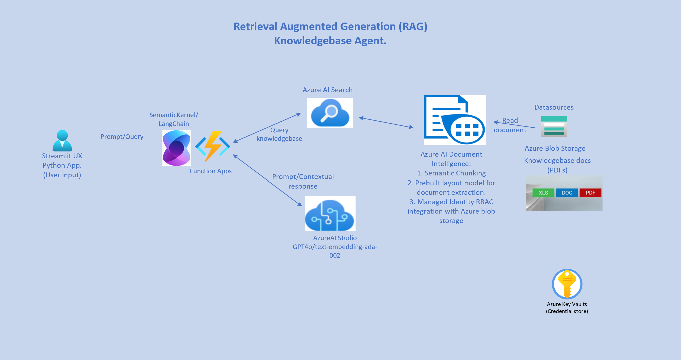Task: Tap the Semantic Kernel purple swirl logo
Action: (176, 148)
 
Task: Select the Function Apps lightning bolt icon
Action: (213, 146)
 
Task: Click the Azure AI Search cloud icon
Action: (330, 113)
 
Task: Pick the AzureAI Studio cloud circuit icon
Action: (330, 214)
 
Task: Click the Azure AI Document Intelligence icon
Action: (455, 120)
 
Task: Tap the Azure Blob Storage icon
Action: (554, 126)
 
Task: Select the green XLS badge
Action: (543, 193)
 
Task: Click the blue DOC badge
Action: (567, 193)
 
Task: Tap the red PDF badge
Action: (590, 193)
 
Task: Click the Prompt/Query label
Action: (122, 137)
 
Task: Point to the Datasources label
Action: (554, 107)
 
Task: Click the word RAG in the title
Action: (413, 27)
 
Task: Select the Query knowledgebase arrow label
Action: (279, 134)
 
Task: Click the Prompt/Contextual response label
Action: (303, 181)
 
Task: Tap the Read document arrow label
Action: (510, 125)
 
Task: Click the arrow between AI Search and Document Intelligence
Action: (386, 122)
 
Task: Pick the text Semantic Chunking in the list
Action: (455, 173)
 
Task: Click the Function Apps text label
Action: (211, 171)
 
